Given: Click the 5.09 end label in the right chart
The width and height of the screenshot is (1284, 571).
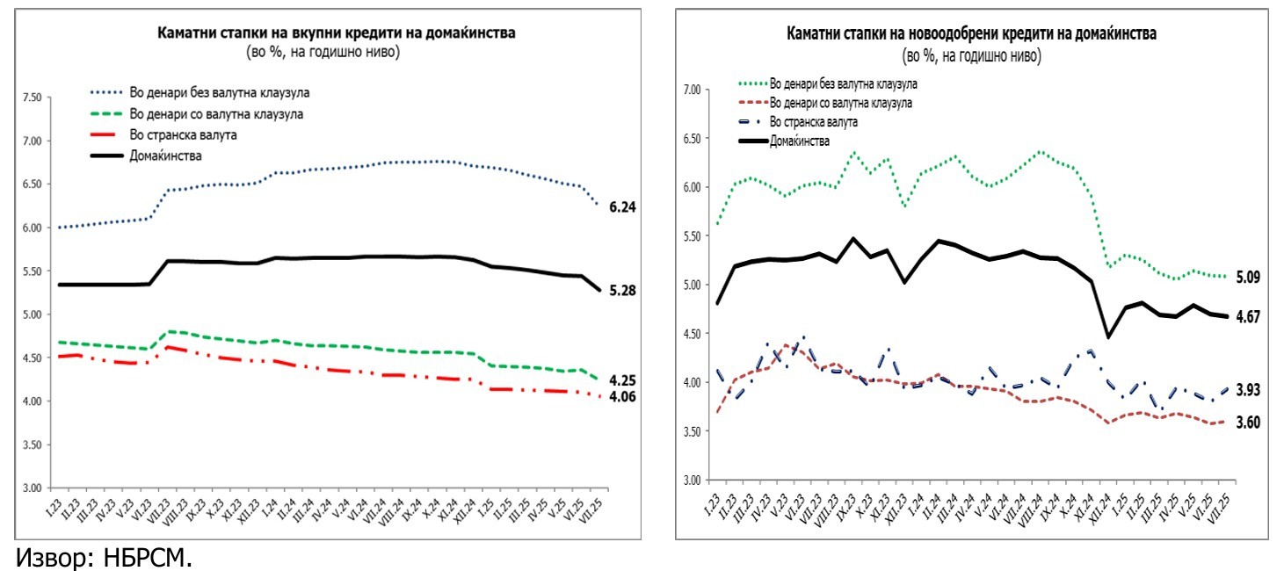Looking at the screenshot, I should (x=1248, y=278).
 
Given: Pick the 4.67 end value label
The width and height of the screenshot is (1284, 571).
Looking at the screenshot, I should (x=1248, y=317).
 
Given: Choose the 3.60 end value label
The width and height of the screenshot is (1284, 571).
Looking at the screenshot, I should (x=1248, y=423).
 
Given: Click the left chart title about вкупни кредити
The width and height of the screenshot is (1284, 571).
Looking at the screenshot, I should (x=337, y=33).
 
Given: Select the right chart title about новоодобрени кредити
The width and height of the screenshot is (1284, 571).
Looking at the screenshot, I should (x=971, y=34).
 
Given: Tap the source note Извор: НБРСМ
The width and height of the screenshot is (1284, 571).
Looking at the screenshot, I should (x=103, y=557).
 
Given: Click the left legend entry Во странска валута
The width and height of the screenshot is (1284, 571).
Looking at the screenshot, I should (x=183, y=135).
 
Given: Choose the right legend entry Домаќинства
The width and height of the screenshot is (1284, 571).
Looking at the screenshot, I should (x=800, y=141).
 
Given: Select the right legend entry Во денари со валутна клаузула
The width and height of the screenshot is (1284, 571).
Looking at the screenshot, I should (x=840, y=103).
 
